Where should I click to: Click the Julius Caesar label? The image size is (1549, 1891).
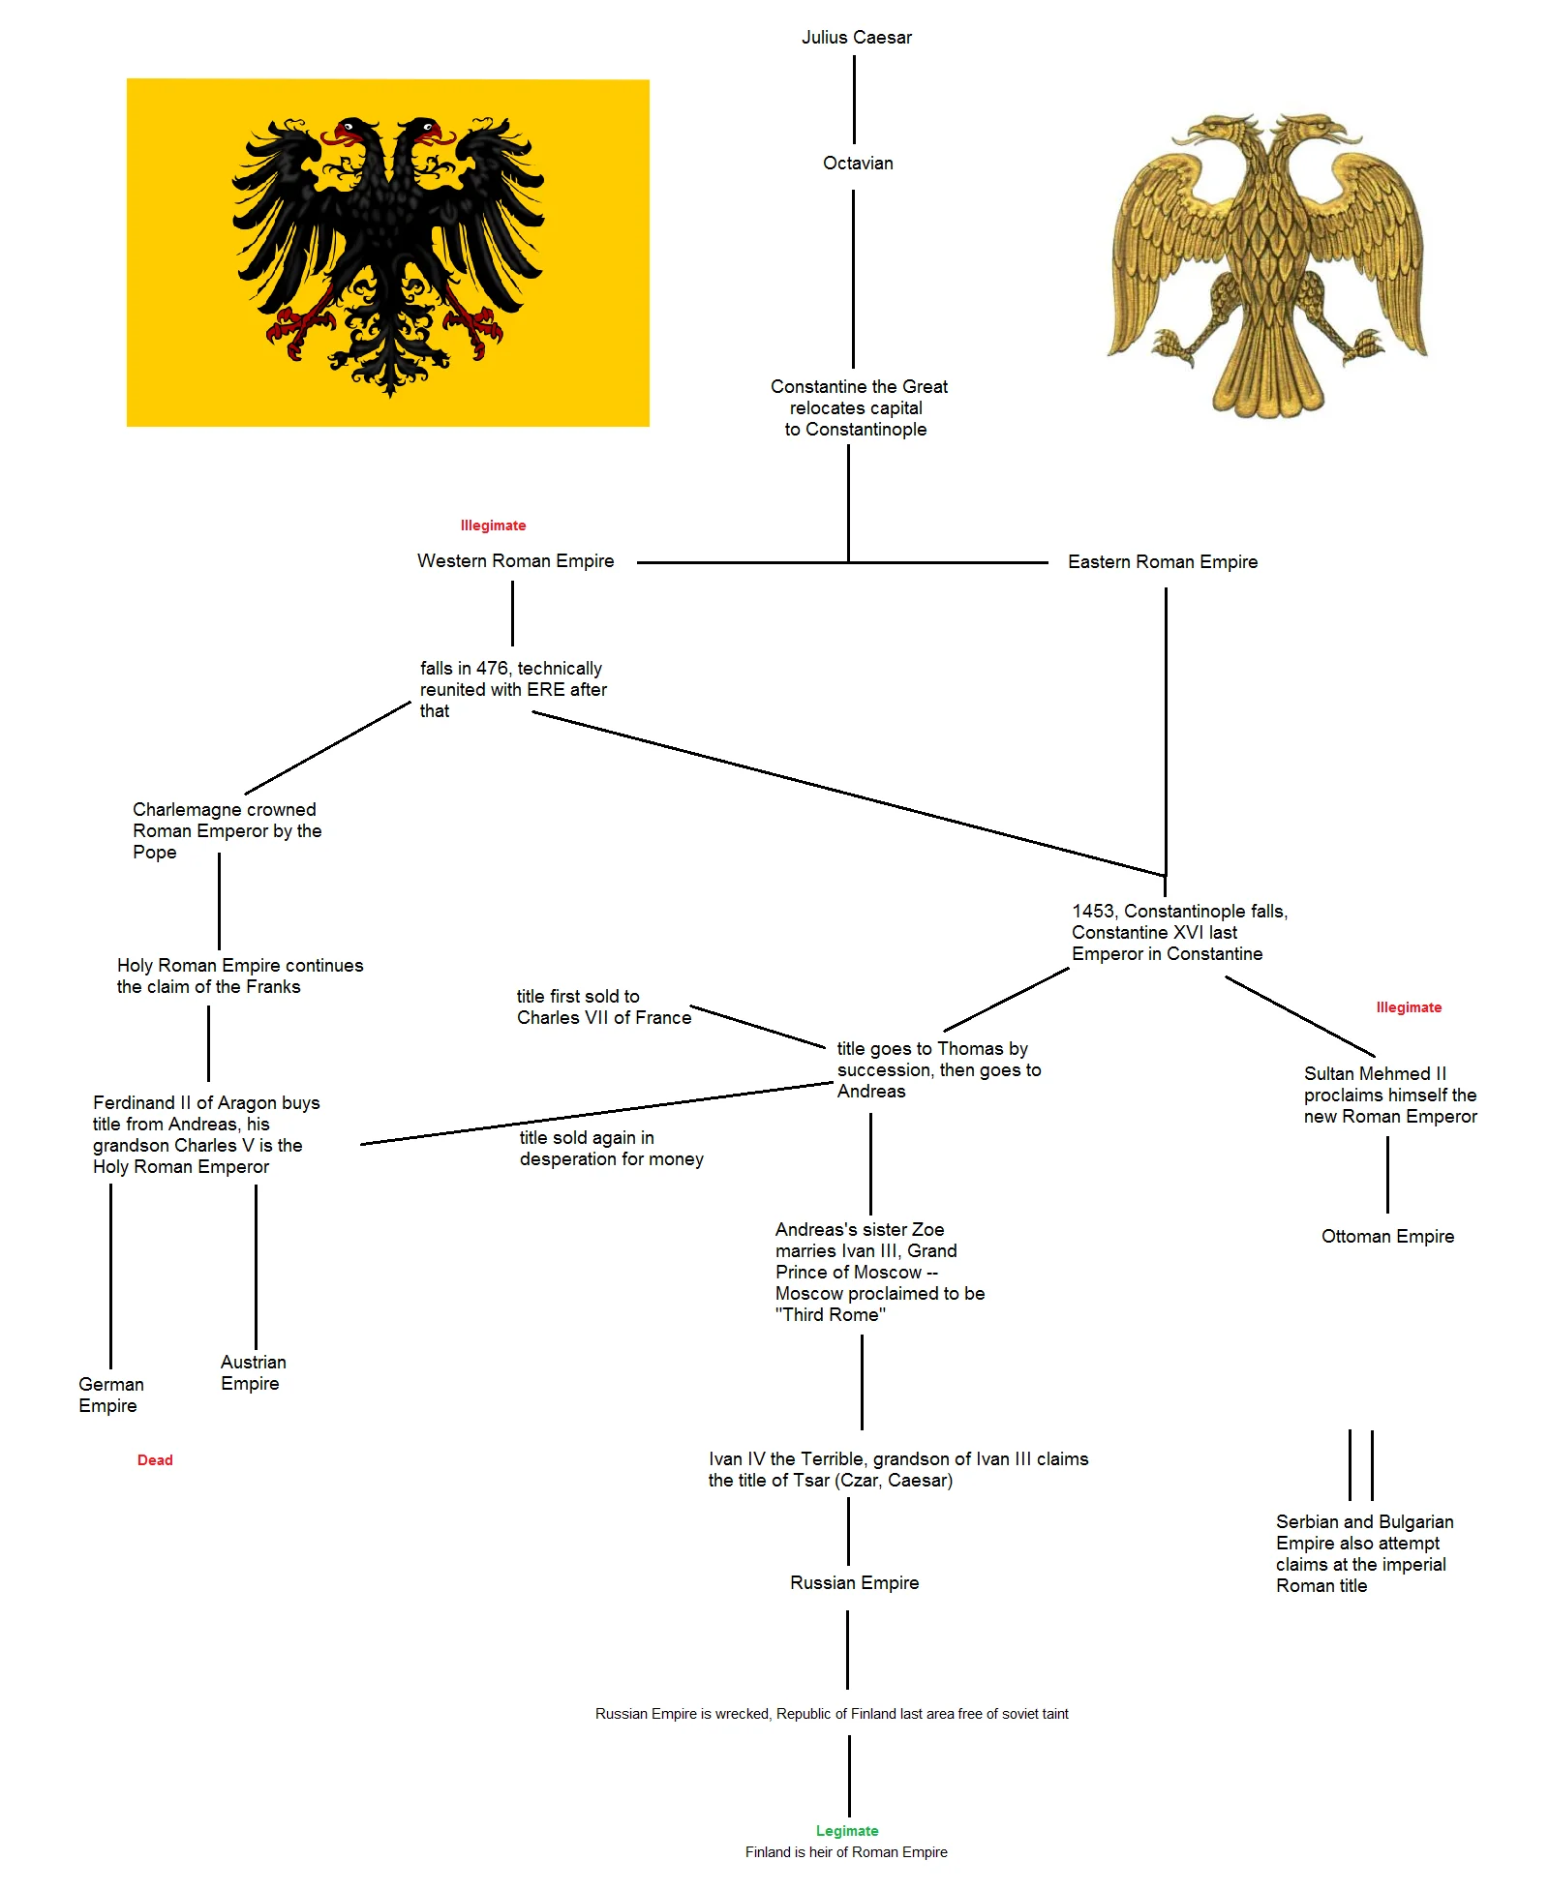coord(856,38)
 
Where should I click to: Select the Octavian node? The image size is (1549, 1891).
coord(858,164)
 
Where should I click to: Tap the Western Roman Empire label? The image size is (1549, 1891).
coord(515,561)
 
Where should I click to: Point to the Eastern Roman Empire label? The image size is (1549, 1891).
coord(1162,562)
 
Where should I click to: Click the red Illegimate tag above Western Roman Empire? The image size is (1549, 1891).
coord(493,525)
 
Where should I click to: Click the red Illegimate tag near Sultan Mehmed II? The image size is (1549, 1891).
coord(1409,1007)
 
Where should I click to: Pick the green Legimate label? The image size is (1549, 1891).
coord(847,1830)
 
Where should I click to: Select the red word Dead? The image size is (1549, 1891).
coord(155,1460)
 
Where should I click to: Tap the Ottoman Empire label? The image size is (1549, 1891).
coord(1387,1237)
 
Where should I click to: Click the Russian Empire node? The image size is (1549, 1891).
coord(854,1583)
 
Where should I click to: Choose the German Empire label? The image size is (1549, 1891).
coord(110,1396)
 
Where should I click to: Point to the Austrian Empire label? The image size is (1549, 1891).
coord(253,1373)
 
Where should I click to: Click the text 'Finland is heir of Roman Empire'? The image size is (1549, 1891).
coord(846,1852)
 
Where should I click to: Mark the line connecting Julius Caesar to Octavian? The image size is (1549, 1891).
coord(854,100)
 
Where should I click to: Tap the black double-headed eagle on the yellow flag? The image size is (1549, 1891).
coord(388,254)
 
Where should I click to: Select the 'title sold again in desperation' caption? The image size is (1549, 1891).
coord(611,1149)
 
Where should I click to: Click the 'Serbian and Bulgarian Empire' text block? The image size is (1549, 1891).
coord(1364,1553)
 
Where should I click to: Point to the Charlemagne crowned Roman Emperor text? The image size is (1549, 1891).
coord(227,831)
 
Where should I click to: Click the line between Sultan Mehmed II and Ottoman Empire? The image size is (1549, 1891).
coord(1387,1175)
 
